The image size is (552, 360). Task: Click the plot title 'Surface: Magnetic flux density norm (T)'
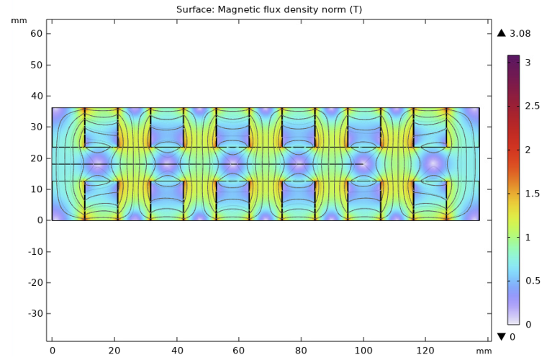(276, 9)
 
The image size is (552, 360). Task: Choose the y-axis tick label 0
(40, 220)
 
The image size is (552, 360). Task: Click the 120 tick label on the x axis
(426, 350)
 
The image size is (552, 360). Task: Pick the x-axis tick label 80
(301, 350)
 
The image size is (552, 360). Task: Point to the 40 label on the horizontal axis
(176, 350)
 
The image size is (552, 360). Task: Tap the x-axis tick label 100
(363, 350)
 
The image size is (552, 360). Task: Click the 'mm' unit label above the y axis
(19, 20)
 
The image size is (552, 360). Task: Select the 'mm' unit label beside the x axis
(484, 351)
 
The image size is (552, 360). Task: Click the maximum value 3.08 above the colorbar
(519, 33)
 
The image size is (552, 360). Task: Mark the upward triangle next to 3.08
(502, 33)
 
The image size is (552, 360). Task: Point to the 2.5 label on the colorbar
(532, 106)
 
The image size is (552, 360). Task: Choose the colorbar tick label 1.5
(532, 193)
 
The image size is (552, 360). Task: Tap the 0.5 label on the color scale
(532, 280)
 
